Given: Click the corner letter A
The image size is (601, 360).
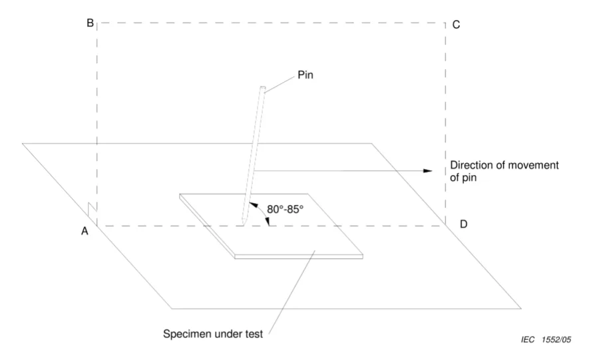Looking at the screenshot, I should pyautogui.click(x=85, y=231).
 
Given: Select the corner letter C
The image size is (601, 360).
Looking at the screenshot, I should pyautogui.click(x=456, y=25).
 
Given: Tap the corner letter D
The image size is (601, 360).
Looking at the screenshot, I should pyautogui.click(x=463, y=224).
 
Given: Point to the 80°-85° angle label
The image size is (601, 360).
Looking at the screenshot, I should pyautogui.click(x=285, y=209).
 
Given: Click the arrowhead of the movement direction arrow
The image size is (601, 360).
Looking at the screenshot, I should pyautogui.click(x=429, y=170).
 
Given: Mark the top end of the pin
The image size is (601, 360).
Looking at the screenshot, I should pyautogui.click(x=262, y=88).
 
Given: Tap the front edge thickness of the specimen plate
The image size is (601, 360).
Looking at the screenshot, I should pyautogui.click(x=300, y=256).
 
